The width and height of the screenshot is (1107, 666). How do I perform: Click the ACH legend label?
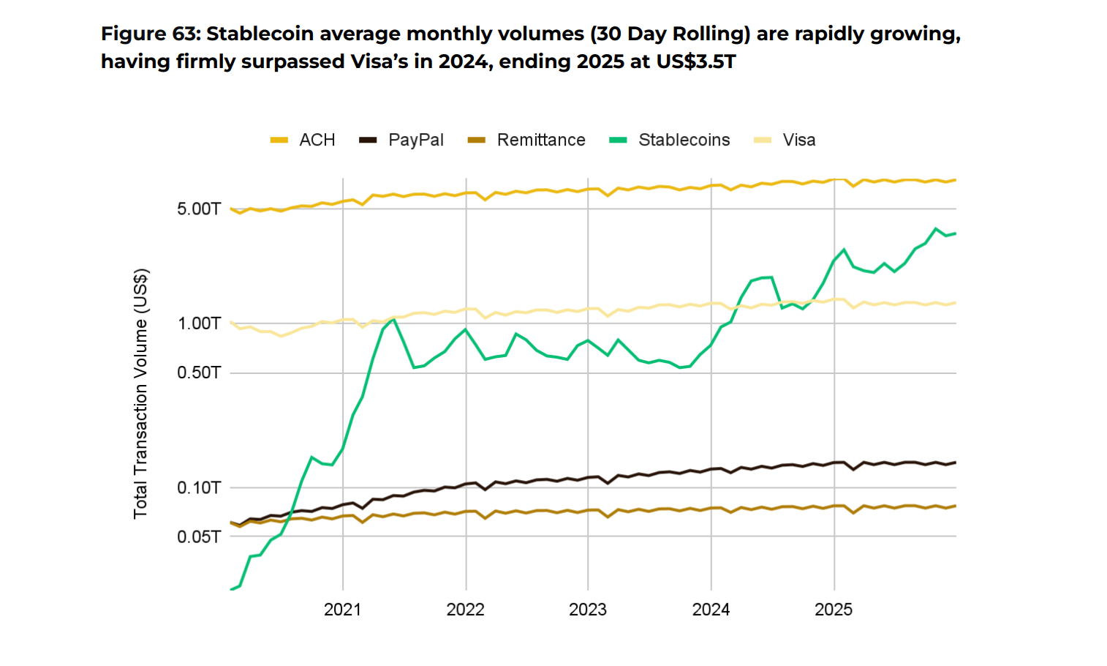pos(317,140)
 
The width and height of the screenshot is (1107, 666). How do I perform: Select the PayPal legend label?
pos(415,140)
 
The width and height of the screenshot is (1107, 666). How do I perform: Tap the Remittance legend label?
pos(541,140)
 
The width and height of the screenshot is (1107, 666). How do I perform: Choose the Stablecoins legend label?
pos(684,140)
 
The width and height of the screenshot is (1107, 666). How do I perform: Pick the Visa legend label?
pos(799,140)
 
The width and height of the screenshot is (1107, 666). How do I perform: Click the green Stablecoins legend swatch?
pos(618,140)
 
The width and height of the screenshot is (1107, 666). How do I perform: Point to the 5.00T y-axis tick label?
pos(198,209)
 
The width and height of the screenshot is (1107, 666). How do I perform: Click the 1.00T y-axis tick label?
pos(198,323)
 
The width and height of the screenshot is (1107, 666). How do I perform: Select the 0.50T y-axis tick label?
pos(198,373)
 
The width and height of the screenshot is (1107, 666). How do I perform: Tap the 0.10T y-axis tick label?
pos(198,487)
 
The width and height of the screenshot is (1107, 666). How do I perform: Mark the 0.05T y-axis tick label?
pos(198,537)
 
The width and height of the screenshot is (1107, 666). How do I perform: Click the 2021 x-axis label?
pos(342,610)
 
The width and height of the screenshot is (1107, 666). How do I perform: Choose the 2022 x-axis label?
pos(465,610)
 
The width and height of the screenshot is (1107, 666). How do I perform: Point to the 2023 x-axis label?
pos(588,610)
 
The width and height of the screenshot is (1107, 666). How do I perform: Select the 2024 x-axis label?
pos(711,610)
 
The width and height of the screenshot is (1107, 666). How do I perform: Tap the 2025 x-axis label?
pos(834,610)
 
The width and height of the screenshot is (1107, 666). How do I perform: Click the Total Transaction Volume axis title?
pos(140,394)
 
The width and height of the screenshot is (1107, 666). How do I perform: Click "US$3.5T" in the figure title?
pos(695,61)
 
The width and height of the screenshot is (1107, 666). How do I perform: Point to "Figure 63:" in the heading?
pos(150,34)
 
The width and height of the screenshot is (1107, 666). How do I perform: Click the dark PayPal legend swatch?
pos(368,140)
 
